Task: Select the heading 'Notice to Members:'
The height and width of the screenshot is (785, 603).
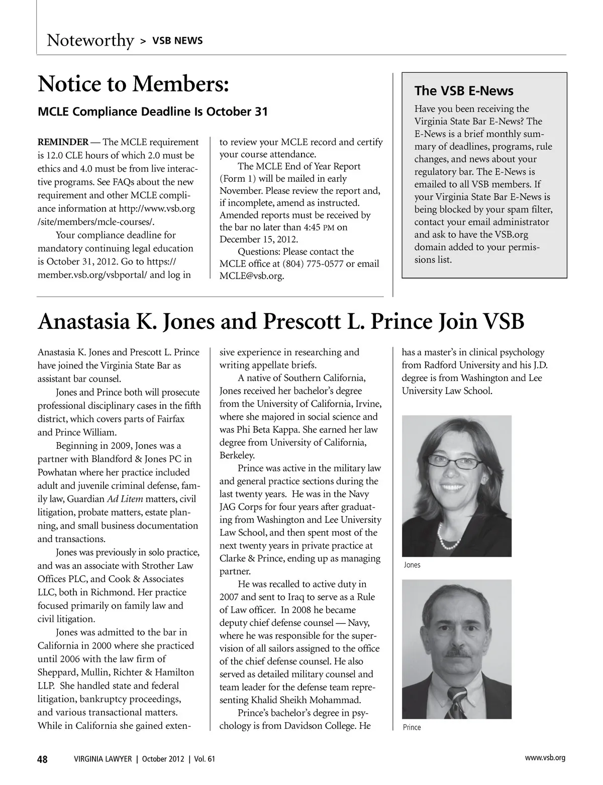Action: click(x=134, y=84)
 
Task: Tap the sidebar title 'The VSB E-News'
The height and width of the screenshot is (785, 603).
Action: click(x=463, y=91)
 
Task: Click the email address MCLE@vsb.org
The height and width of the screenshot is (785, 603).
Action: click(x=252, y=276)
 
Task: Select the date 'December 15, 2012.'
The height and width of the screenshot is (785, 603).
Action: click(x=259, y=239)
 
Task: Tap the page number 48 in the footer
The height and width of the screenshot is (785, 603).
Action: click(x=43, y=759)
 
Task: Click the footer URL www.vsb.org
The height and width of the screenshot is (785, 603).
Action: click(x=545, y=758)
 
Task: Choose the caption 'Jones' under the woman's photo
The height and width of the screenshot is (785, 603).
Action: click(x=412, y=565)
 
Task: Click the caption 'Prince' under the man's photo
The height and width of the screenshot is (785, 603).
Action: click(x=412, y=727)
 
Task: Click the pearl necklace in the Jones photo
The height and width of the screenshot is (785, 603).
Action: click(x=450, y=536)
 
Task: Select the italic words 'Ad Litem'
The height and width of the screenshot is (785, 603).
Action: click(x=125, y=499)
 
